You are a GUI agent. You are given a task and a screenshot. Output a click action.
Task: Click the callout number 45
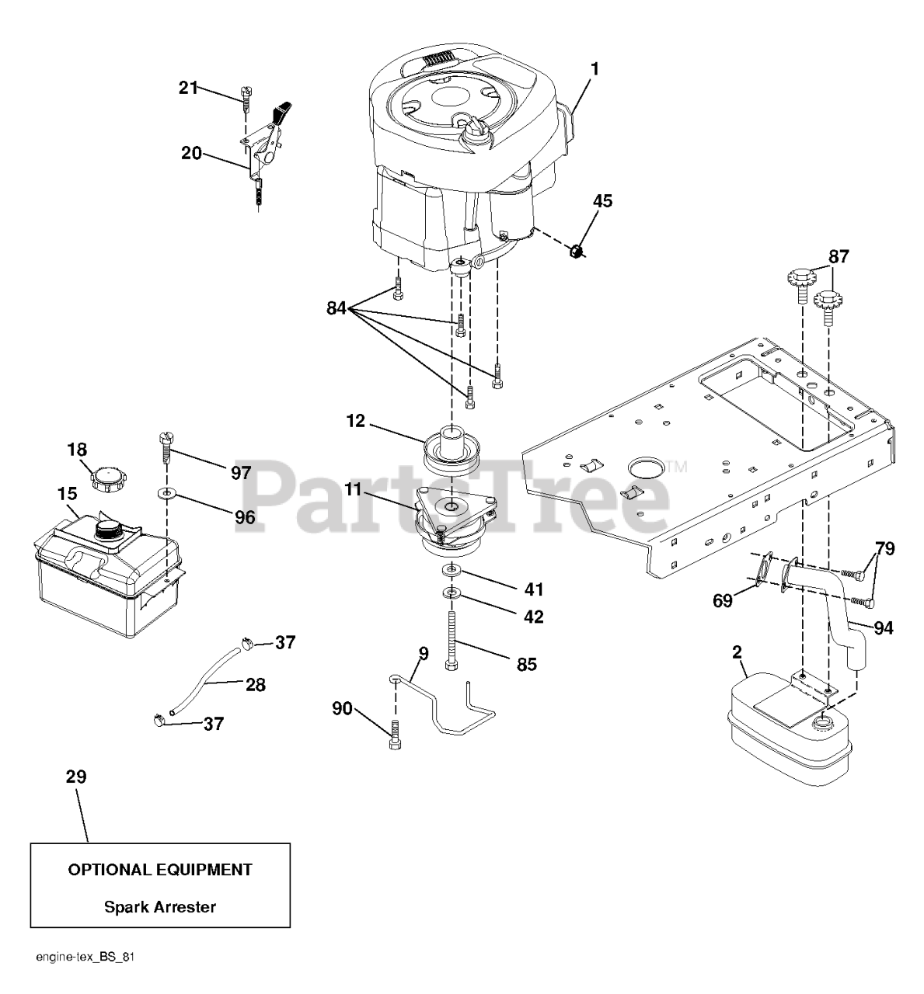tap(602, 201)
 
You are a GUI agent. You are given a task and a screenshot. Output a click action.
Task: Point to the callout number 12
tap(356, 422)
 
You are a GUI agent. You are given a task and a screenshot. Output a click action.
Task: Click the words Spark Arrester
tap(160, 906)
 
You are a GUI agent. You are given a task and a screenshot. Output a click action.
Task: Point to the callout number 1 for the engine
tap(594, 68)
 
